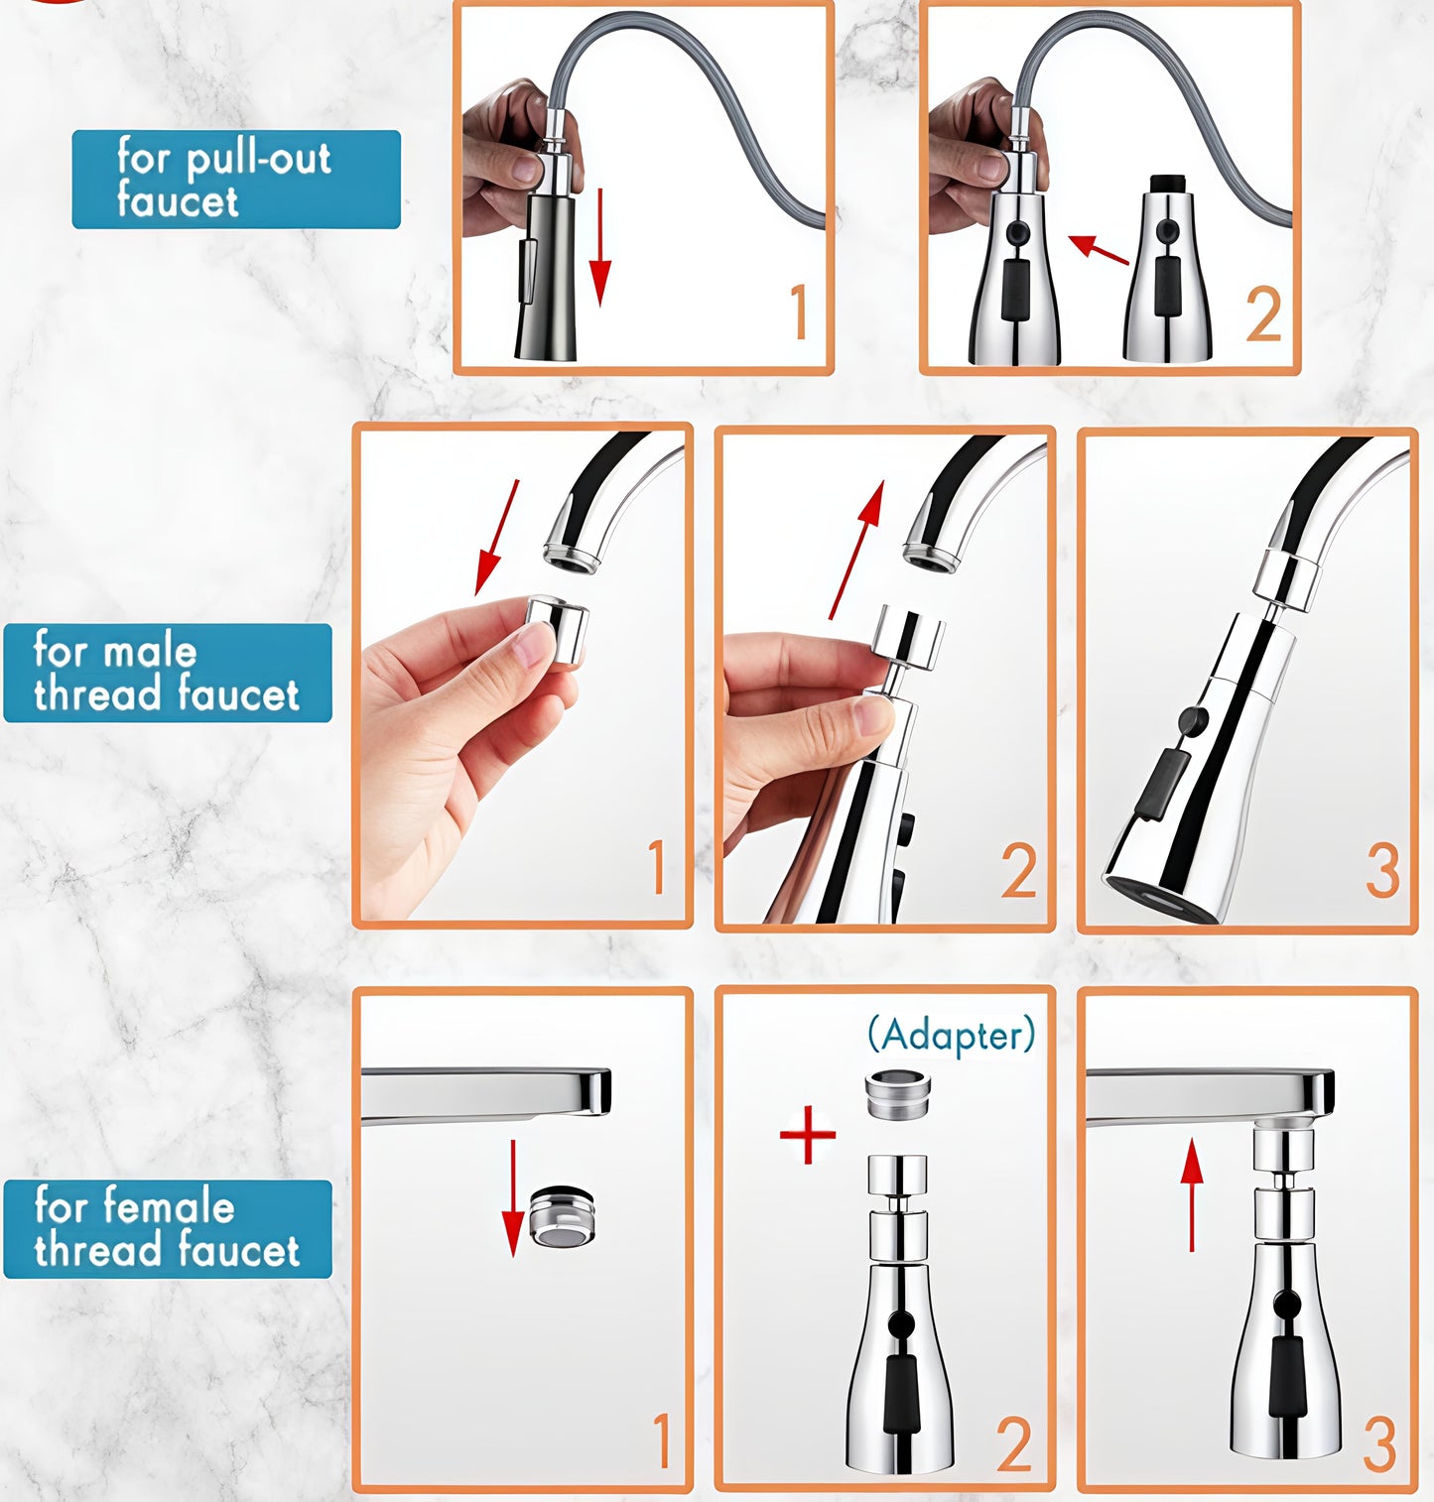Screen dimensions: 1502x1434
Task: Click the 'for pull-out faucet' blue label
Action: pyautogui.click(x=235, y=180)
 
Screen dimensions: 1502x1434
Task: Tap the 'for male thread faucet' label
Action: pyautogui.click(x=167, y=673)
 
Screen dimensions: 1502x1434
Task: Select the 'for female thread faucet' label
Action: pyautogui.click(x=167, y=1228)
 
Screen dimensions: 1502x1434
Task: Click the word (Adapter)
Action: pyautogui.click(x=951, y=1035)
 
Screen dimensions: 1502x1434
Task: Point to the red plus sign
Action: pyautogui.click(x=807, y=1134)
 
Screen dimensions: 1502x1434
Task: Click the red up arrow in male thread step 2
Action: pyautogui.click(x=855, y=551)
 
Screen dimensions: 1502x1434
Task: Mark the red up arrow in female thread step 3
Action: pyautogui.click(x=1192, y=1194)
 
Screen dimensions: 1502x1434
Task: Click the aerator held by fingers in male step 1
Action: pyautogui.click(x=557, y=631)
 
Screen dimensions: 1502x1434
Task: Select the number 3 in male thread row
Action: pyautogui.click(x=1382, y=871)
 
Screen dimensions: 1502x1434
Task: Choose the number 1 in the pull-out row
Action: pyautogui.click(x=799, y=313)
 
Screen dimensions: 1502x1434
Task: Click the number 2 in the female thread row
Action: pyautogui.click(x=1013, y=1444)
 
